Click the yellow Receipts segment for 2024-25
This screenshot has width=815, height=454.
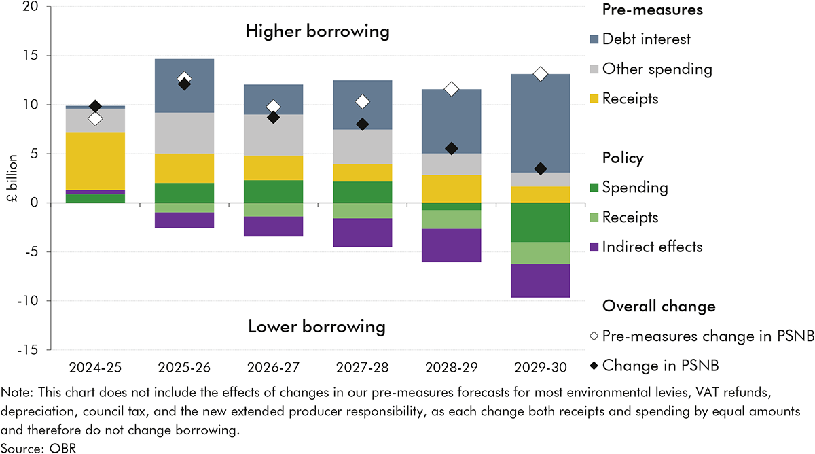96,161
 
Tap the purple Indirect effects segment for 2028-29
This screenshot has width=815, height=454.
451,245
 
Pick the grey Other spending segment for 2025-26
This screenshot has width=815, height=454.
185,133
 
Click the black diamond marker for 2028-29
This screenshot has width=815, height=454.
451,149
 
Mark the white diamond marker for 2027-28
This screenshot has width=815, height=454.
363,101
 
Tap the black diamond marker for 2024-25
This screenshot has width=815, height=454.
96,106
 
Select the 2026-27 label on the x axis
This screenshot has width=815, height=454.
273,368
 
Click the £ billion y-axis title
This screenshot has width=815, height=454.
12,178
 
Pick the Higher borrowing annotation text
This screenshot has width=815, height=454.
317,31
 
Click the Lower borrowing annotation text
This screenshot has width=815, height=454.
317,327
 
